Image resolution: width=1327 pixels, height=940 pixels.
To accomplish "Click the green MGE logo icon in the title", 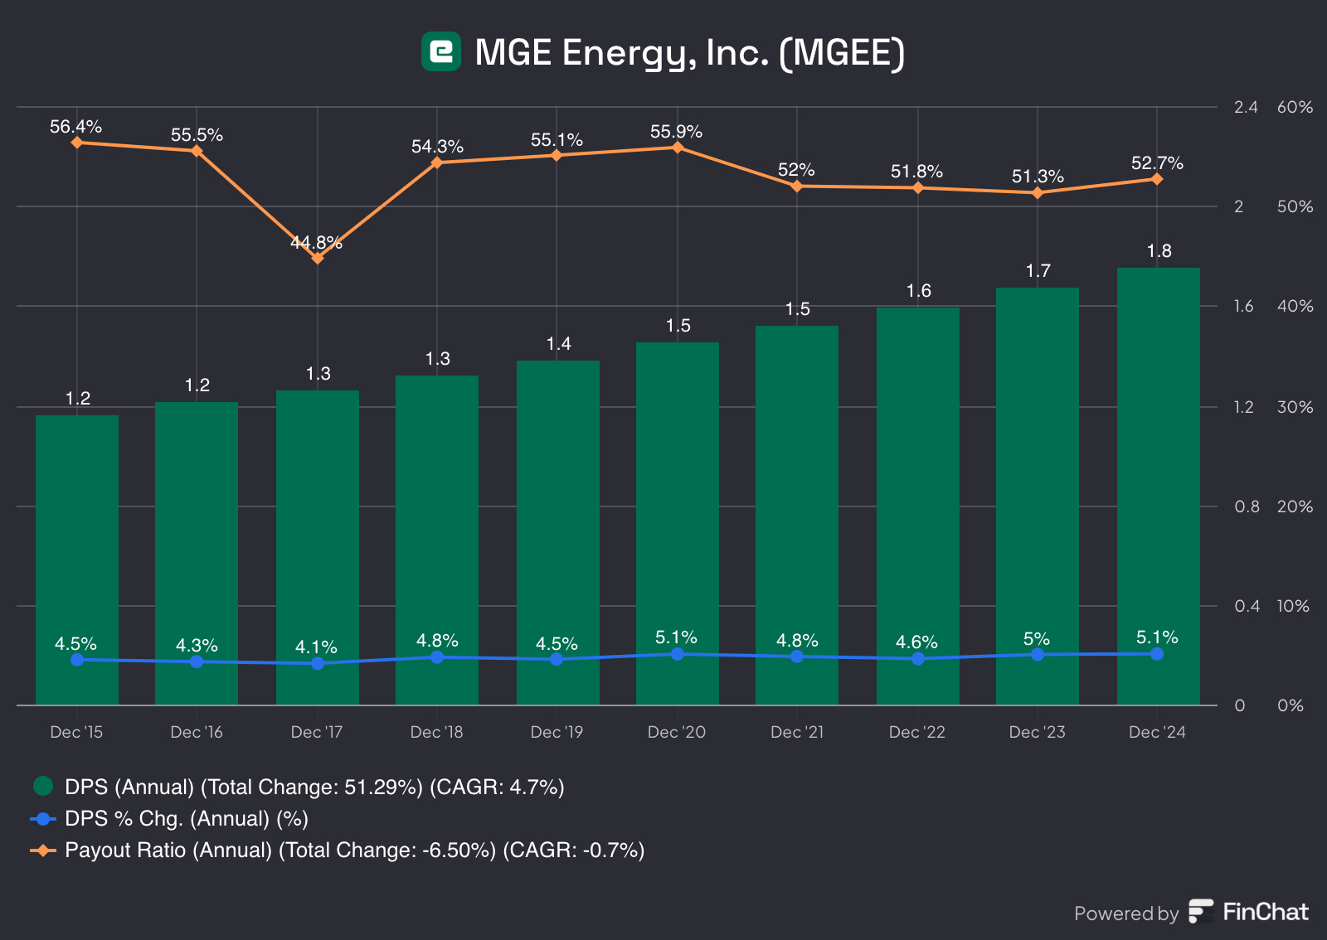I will [440, 51].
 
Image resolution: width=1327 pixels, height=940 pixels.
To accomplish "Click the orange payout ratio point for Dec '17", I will [317, 258].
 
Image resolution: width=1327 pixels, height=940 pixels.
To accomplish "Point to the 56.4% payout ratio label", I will [75, 127].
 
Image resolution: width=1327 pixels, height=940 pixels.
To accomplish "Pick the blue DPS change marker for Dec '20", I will [678, 654].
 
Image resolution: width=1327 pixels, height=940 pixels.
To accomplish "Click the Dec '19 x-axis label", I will [557, 732].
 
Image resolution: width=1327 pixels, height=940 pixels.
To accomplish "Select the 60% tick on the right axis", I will [1295, 107].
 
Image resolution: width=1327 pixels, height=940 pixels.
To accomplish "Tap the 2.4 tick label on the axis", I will [1246, 107].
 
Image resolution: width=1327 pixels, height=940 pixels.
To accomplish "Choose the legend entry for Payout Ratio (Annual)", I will [354, 850].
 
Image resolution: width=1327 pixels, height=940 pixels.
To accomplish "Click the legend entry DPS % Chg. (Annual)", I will [186, 819].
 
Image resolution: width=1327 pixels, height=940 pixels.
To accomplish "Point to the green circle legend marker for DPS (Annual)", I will [43, 786].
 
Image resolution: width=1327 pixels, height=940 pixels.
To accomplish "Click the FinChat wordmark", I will [1265, 912].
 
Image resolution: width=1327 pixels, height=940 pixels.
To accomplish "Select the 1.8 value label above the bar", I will [1159, 251].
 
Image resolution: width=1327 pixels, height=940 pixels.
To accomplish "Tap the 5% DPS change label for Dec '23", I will [1037, 639].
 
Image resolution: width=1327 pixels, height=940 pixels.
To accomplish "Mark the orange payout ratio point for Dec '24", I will [1157, 179].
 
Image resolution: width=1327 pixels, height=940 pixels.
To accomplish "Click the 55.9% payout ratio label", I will [676, 132].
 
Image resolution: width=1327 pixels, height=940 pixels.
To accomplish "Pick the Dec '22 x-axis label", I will [916, 732].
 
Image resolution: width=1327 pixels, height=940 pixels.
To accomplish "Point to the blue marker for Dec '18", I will [437, 657].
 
